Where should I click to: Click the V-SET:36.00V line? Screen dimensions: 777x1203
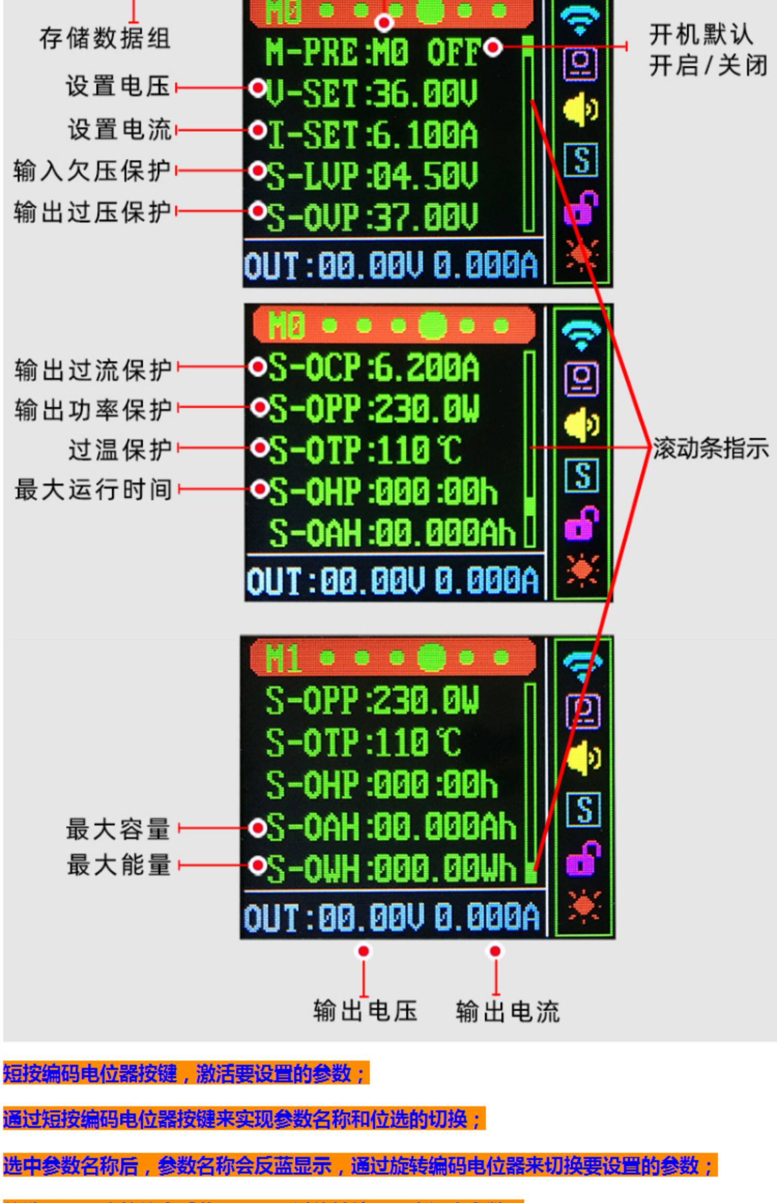pyautogui.click(x=371, y=93)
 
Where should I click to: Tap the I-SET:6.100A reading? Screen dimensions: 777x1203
pyautogui.click(x=372, y=135)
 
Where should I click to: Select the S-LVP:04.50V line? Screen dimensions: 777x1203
pyautogui.click(x=371, y=176)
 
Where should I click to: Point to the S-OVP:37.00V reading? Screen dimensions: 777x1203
pyautogui.click(x=371, y=217)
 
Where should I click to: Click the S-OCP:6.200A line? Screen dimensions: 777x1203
pyautogui.click(x=373, y=368)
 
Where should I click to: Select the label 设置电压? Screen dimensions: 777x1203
pyautogui.click(x=118, y=86)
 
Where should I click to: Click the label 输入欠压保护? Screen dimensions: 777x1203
pyautogui.click(x=92, y=170)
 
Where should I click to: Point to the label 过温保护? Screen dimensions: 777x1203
pyautogui.click(x=120, y=449)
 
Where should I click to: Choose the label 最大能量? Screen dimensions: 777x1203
pyautogui.click(x=119, y=865)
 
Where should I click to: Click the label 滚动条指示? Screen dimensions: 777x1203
pyautogui.click(x=710, y=449)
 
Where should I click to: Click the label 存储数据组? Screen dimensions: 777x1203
pyautogui.click(x=105, y=38)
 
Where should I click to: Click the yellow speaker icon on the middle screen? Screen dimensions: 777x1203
pyautogui.click(x=581, y=424)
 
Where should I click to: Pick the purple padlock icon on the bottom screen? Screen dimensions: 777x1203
pyautogui.click(x=583, y=858)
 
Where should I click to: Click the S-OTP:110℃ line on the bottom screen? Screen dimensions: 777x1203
pyautogui.click(x=363, y=742)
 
